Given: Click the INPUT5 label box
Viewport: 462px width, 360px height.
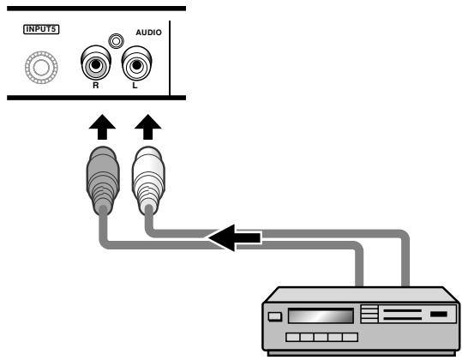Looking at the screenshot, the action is tap(41, 29).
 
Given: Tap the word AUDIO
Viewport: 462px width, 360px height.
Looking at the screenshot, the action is tap(148, 33).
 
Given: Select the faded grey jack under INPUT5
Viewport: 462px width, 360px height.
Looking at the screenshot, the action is tap(41, 68).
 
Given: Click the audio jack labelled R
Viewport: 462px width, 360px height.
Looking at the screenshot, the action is tap(96, 63).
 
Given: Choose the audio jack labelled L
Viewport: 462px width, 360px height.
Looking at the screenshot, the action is tap(136, 63).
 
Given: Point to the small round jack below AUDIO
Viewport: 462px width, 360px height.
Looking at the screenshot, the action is tap(116, 41).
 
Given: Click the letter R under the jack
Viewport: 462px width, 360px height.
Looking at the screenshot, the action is tap(95, 86).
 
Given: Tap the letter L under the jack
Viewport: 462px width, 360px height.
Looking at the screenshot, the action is tap(135, 86).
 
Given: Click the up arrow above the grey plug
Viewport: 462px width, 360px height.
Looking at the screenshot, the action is tap(102, 127).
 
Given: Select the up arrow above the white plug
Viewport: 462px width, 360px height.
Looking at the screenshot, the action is tap(148, 127).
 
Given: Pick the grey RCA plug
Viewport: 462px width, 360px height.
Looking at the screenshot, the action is tap(103, 180).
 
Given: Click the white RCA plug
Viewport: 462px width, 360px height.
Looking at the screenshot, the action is tap(148, 180).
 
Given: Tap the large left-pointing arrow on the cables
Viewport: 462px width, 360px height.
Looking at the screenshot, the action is tap(235, 237).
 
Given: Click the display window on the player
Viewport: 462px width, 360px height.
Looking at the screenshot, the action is tap(321, 315).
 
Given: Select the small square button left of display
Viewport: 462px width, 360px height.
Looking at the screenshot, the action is tap(275, 316).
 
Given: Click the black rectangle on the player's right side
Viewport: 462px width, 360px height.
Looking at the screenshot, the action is tap(439, 314).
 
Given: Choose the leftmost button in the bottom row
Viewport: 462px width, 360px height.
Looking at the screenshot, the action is tap(293, 338).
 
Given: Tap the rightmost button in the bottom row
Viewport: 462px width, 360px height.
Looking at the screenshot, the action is tap(351, 338).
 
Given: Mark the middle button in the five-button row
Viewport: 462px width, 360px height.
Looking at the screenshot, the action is tap(321, 338).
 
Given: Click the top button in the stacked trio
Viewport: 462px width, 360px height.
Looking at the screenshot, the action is tap(369, 309).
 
